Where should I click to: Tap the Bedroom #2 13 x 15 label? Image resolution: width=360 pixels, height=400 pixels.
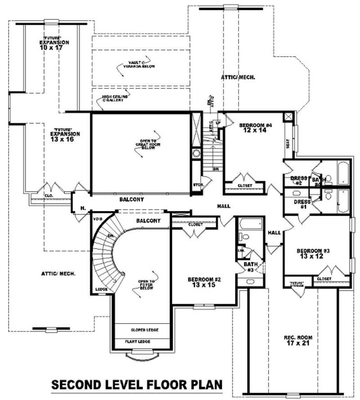[x=204, y=282]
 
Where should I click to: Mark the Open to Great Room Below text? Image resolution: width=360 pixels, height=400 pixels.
[x=145, y=143]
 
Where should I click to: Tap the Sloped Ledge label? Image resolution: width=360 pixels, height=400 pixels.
[x=144, y=330]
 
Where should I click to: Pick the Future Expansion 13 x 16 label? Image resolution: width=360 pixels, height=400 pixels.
[x=65, y=136]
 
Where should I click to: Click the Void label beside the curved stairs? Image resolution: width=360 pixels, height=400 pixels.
[x=98, y=219]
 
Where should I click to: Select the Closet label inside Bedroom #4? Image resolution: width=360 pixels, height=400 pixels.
[x=245, y=185]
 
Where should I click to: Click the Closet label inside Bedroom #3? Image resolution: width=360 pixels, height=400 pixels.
[x=324, y=279]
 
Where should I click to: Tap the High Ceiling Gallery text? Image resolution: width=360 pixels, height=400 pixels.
[x=115, y=99]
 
